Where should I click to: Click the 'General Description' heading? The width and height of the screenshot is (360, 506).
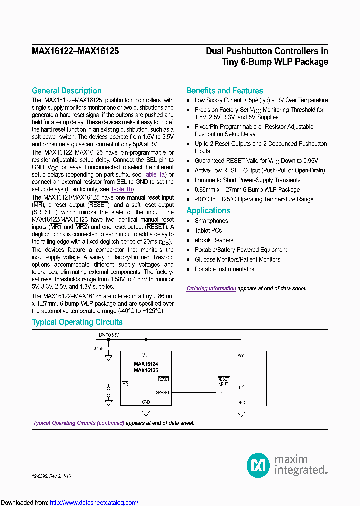coord(67,91)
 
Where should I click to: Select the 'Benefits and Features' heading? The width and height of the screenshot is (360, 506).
coord(224,91)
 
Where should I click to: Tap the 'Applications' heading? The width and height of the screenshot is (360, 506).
coord(208,211)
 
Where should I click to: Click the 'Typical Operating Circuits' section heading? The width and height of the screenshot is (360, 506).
coord(77,322)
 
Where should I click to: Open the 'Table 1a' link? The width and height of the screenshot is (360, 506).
coord(154,175)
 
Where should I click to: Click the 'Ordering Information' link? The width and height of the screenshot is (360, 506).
coord(211,289)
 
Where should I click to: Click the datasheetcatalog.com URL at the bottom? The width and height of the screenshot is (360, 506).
coord(94,502)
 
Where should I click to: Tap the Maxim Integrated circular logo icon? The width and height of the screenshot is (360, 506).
coord(258,465)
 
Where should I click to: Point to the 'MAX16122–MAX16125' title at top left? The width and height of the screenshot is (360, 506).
coord(75,51)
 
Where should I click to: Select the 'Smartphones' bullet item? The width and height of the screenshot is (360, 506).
coord(211,221)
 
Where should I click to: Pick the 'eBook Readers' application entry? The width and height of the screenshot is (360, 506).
coord(214,240)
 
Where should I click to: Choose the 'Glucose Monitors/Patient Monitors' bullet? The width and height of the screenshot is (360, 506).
coord(237,259)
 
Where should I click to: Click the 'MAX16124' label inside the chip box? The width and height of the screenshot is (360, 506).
coord(146,364)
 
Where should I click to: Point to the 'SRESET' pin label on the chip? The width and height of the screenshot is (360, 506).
coord(163,393)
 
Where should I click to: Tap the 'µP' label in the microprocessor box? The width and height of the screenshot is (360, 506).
coord(241,387)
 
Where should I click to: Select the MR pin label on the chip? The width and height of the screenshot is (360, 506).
coord(125,384)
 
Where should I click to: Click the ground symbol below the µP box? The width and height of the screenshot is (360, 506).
coord(241,414)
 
